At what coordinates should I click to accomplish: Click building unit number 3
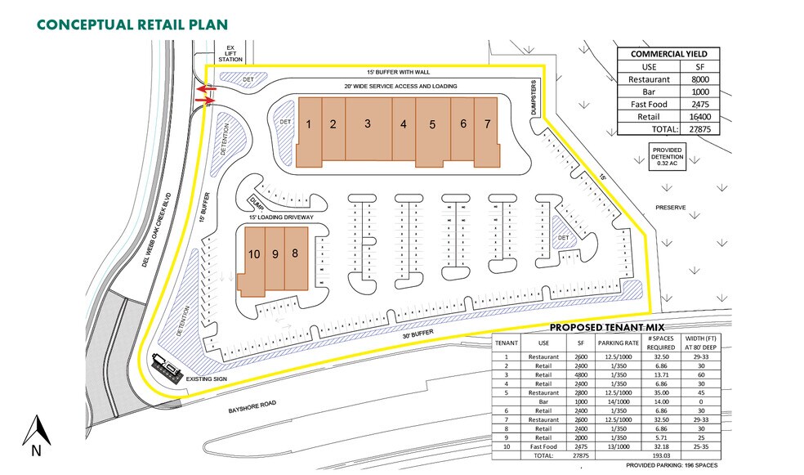tap(368, 123)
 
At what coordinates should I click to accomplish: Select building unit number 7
tap(487, 124)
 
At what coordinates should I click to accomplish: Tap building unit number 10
tap(254, 254)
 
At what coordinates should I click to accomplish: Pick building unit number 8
tap(295, 253)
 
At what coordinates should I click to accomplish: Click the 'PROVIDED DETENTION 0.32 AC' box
tap(667, 156)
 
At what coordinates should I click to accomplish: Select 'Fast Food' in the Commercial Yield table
tap(651, 104)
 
